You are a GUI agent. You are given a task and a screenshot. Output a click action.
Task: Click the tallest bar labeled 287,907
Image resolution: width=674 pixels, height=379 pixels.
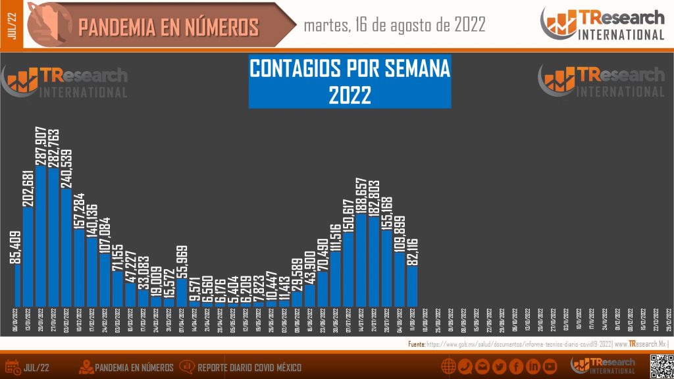pyautogui.click(x=41, y=237)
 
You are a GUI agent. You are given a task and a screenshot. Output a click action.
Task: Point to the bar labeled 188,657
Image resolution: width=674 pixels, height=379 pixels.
pyautogui.click(x=361, y=260)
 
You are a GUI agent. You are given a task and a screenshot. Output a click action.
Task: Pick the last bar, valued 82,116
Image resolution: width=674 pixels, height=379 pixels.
pyautogui.click(x=412, y=286)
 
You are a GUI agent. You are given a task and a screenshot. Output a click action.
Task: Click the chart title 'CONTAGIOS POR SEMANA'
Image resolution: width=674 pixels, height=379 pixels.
pyautogui.click(x=350, y=68)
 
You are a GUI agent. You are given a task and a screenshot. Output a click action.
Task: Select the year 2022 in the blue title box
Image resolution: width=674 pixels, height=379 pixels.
pyautogui.click(x=350, y=95)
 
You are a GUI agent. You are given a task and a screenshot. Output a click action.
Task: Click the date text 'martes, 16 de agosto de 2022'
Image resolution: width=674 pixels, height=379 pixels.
pyautogui.click(x=395, y=25)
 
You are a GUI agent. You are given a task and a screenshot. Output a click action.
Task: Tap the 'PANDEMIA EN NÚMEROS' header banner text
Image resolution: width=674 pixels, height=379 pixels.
pyautogui.click(x=168, y=27)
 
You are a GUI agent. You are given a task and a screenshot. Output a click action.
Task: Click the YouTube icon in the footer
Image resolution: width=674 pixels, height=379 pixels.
pyautogui.click(x=550, y=366)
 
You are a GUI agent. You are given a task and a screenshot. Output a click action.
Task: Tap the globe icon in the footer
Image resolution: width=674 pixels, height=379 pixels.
pyautogui.click(x=450, y=366)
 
